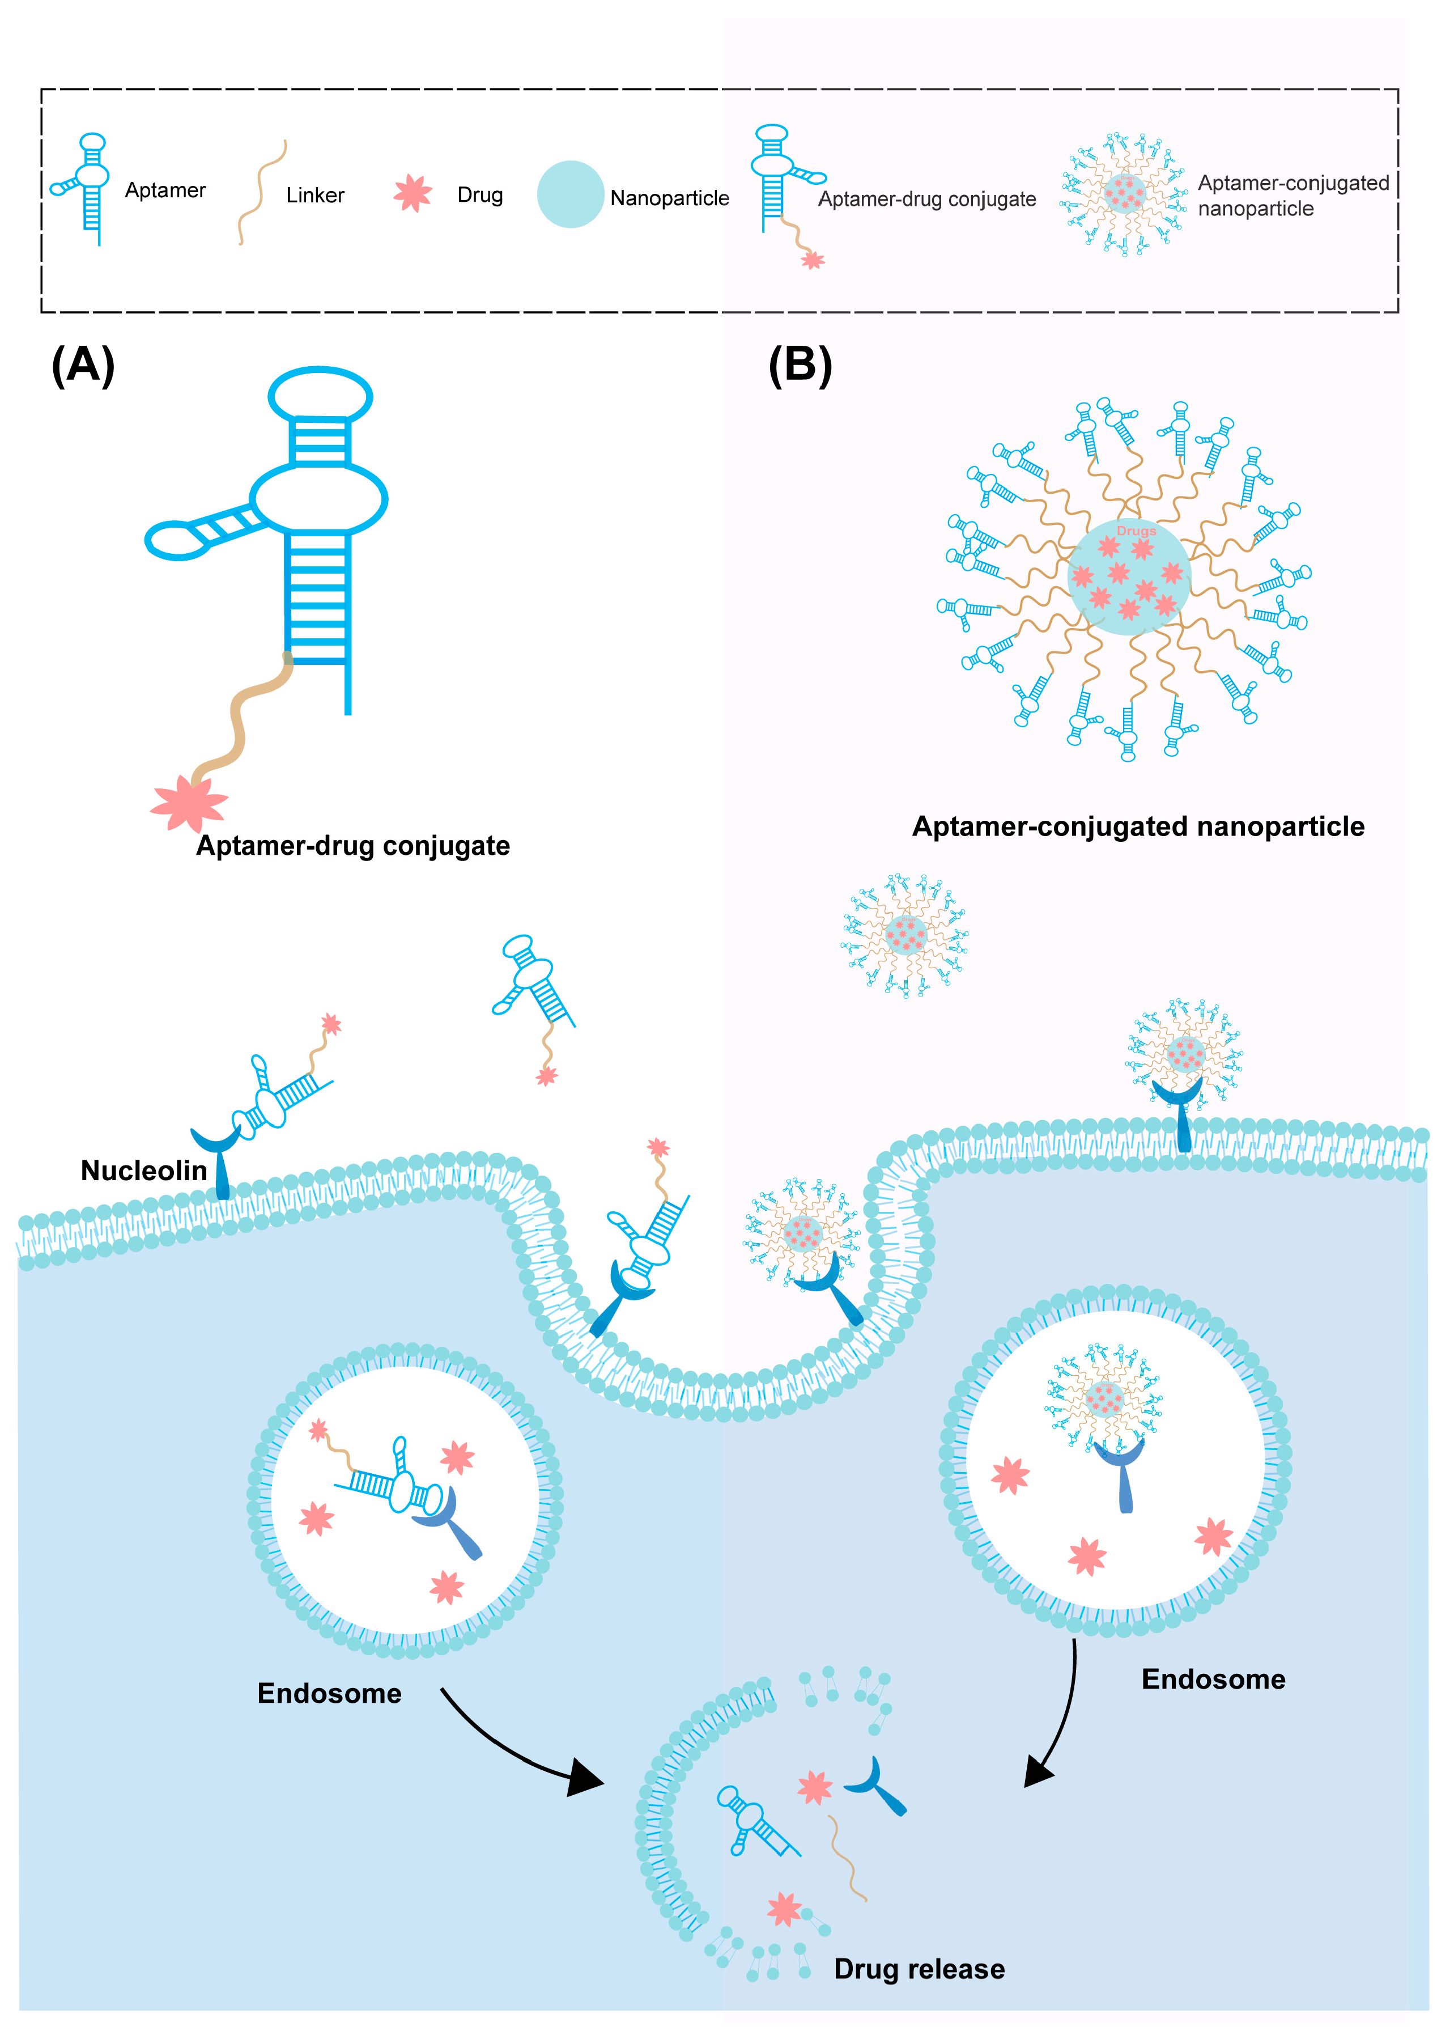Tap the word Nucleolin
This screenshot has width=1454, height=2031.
(x=143, y=1171)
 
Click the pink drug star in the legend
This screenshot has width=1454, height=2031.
(x=413, y=193)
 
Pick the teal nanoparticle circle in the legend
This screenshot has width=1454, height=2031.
(x=570, y=194)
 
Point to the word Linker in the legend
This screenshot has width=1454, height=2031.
(x=315, y=195)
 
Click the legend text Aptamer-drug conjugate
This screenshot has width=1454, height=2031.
(x=926, y=200)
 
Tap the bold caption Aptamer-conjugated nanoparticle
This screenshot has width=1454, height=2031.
(x=1138, y=826)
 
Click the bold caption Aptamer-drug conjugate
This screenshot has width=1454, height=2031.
(x=353, y=846)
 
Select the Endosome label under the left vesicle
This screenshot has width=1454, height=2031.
(x=329, y=1693)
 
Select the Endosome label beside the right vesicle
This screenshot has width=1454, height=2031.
(x=1213, y=1679)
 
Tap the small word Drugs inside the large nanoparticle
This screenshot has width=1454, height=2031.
(x=1136, y=531)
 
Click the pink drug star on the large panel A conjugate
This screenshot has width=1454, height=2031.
(x=189, y=803)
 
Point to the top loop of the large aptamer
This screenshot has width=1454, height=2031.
(x=321, y=395)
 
